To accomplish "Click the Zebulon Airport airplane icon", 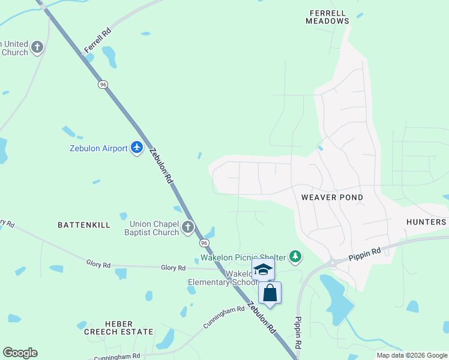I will click(x=137, y=148).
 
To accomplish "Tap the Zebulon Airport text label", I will click(x=99, y=148).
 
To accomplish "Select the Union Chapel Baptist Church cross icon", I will click(x=188, y=227).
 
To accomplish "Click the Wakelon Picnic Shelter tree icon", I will click(x=295, y=257).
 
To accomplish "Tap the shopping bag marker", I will click(x=270, y=293).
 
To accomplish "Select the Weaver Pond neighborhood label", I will click(x=332, y=197).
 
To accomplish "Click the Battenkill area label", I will click(x=84, y=225).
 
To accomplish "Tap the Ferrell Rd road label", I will click(x=98, y=40).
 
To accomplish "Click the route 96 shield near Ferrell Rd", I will click(x=103, y=85).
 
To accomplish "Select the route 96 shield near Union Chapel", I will click(x=204, y=243).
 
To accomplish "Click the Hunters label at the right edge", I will click(x=426, y=222).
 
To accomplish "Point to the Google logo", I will click(x=20, y=353).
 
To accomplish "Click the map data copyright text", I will click(x=412, y=355).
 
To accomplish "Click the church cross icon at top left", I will click(x=37, y=47).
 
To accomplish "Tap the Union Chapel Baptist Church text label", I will click(x=154, y=229).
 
